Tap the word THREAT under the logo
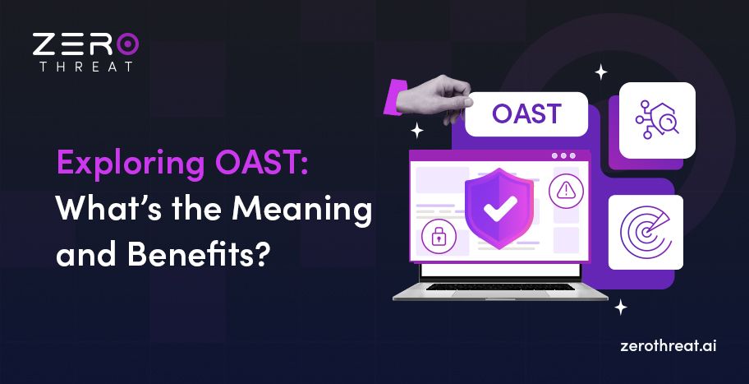pos(86,67)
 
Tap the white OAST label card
pos(526,114)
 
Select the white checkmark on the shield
pos(499,210)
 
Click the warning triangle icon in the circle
pos(566,191)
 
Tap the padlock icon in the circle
pos(438,238)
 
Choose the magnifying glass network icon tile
pos(657,120)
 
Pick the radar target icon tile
pos(646,232)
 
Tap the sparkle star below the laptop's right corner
pos(621,308)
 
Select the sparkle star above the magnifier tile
pos(601,72)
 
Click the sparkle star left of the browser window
pos(417,130)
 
